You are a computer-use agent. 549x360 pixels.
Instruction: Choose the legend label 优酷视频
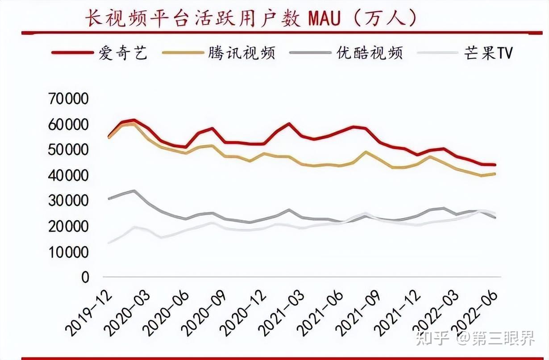point(369,53)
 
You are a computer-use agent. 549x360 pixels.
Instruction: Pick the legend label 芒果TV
point(489,53)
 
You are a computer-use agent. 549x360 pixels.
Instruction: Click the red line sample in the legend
point(71,53)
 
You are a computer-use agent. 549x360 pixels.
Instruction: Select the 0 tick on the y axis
point(85,278)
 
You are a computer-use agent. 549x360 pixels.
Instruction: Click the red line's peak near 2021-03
point(289,124)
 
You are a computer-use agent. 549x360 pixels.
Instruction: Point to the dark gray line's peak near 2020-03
point(134,191)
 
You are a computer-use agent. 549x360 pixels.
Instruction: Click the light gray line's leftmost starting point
point(109,243)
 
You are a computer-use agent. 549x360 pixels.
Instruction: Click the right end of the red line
point(495,165)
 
